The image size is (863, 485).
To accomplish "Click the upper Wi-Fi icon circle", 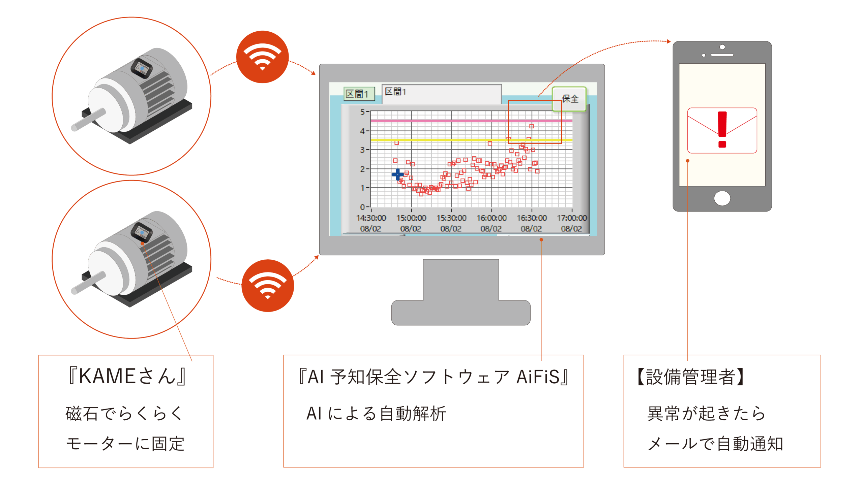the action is (x=262, y=57).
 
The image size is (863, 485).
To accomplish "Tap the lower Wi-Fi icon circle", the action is (x=268, y=286).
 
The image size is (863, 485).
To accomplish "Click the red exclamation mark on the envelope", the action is (x=722, y=129).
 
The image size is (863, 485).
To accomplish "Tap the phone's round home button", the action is (x=722, y=198).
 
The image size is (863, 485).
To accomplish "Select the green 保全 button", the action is (x=569, y=99).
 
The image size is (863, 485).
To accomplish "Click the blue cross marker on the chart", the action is (x=398, y=174).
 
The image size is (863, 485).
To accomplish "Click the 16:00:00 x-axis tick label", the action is (x=492, y=218).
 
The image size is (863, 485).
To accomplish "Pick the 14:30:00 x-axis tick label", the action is (x=371, y=218).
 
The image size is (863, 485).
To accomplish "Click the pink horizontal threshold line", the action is (x=471, y=120).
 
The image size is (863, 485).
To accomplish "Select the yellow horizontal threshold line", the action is (x=471, y=140).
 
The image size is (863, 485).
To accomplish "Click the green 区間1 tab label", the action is (x=359, y=94).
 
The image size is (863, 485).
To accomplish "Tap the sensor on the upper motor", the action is (x=142, y=68).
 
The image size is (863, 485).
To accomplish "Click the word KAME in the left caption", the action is (x=107, y=376).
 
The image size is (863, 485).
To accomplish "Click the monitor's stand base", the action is (x=461, y=313).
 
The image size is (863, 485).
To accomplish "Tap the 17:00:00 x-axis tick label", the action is (x=572, y=218).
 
